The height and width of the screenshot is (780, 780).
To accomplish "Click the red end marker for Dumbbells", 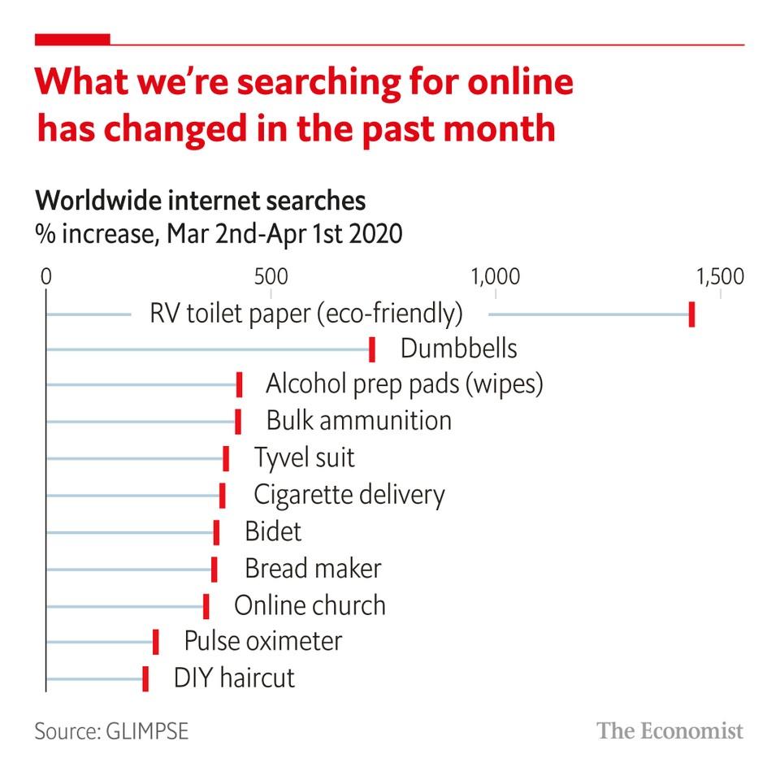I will tap(372, 349).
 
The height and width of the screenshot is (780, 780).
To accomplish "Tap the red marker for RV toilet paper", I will tap(691, 314).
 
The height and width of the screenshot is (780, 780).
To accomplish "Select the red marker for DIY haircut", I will tap(145, 678).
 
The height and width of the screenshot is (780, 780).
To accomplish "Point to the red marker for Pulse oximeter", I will tap(156, 642).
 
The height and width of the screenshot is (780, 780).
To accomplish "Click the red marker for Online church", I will tap(206, 606).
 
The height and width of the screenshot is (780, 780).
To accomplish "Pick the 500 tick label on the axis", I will tap(270, 276).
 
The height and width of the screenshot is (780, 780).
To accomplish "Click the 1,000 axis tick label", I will tap(495, 276).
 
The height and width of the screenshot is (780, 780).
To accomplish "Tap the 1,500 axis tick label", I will tap(719, 276).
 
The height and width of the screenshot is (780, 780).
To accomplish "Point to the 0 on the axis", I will tap(46, 276).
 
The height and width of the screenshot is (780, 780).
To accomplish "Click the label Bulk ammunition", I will tap(358, 421).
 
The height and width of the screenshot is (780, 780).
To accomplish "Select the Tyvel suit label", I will tap(305, 457).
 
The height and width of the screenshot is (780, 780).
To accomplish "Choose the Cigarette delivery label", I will tap(349, 494).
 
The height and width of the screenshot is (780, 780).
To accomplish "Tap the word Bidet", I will tap(273, 531).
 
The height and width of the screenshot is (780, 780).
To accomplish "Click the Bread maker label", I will tap(313, 569).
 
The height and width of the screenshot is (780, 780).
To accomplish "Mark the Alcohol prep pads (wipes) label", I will tap(404, 384).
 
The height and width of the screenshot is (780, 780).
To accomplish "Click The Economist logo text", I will tap(670, 730).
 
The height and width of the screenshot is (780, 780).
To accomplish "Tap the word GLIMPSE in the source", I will tap(147, 730).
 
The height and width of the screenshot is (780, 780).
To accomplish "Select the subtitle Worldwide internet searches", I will tap(200, 201).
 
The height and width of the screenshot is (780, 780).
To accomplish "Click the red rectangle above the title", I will tap(72, 38).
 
